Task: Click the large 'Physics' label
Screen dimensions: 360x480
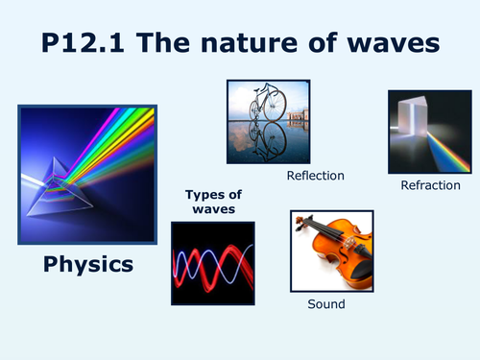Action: point(88,262)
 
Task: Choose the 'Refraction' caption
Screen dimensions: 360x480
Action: point(430,185)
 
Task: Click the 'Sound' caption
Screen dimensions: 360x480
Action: point(325,304)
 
